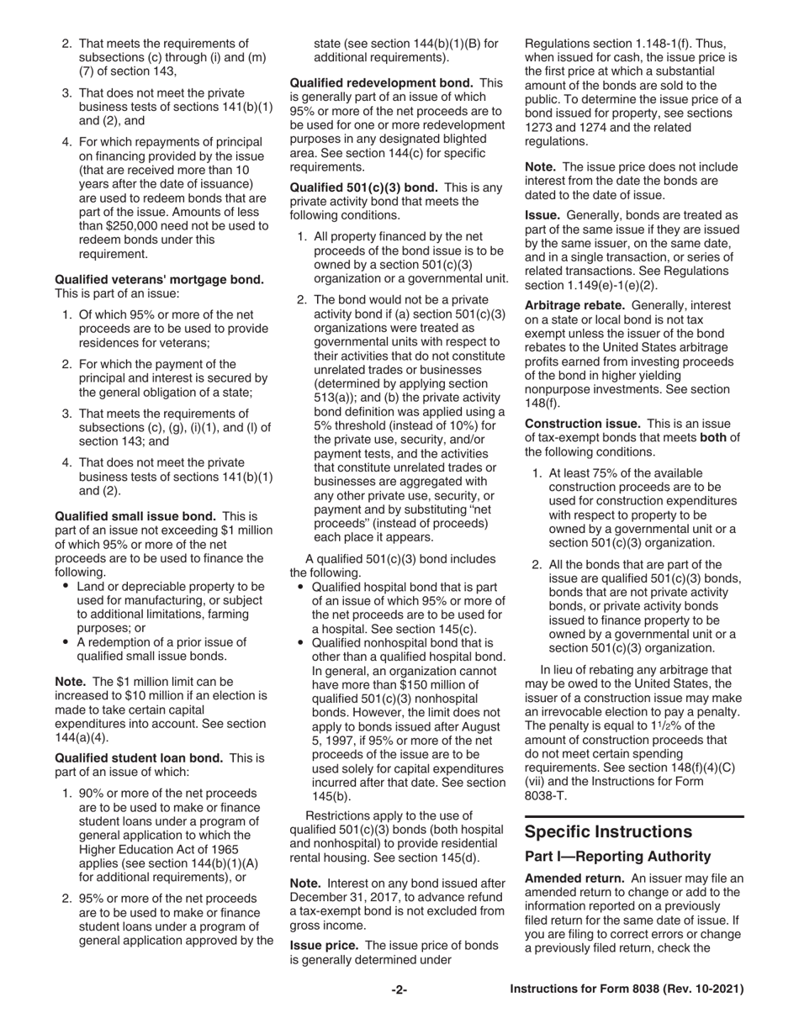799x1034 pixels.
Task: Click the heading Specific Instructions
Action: tap(608, 831)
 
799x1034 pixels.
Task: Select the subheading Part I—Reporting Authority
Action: tap(617, 856)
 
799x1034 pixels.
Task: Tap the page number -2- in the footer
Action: tap(399, 990)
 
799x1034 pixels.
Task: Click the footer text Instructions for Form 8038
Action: tap(627, 990)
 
